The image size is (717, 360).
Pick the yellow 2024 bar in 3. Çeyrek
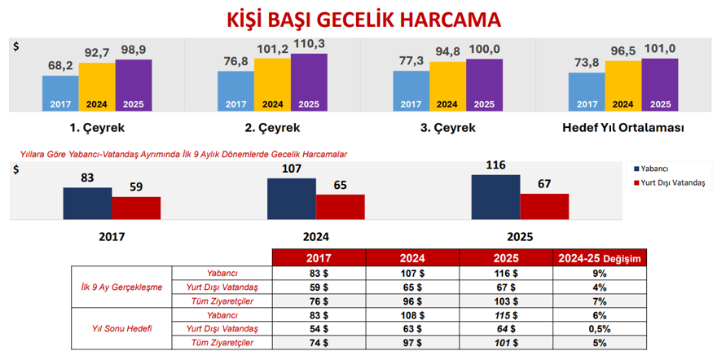point(447,86)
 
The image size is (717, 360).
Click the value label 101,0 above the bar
point(660,49)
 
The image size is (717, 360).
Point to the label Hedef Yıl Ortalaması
point(622,128)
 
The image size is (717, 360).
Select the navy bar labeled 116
point(495,197)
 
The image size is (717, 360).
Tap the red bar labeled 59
point(136,208)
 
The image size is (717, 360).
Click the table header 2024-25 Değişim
point(600,258)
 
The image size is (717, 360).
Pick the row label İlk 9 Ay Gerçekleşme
point(121,288)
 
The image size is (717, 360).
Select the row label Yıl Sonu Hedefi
point(121,328)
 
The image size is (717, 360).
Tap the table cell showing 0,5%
point(600,328)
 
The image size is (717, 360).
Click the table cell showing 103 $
point(506,301)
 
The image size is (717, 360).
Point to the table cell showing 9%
point(600,274)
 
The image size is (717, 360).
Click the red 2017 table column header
point(319,258)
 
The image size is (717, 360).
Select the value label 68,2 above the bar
point(61,65)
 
